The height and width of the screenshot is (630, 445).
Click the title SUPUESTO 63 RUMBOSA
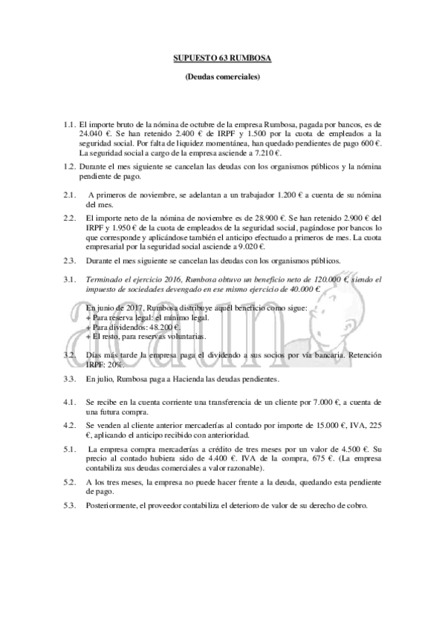(222, 56)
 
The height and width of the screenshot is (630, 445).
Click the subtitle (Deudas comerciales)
(222, 77)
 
